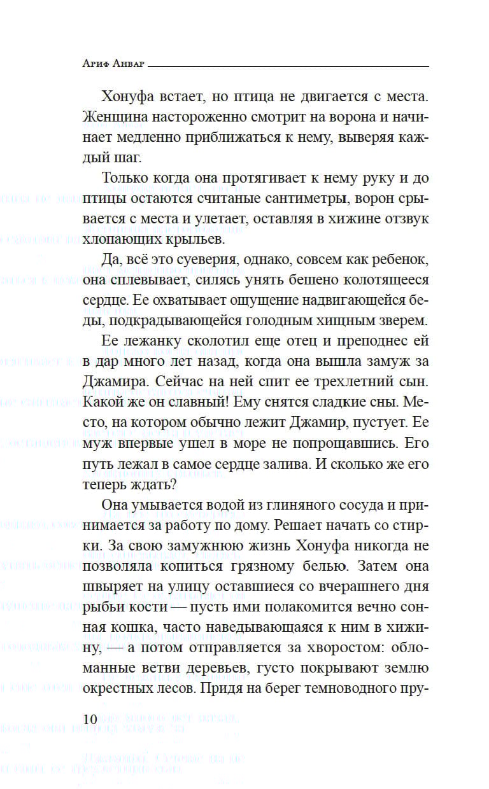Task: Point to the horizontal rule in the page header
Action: pos(292,66)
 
